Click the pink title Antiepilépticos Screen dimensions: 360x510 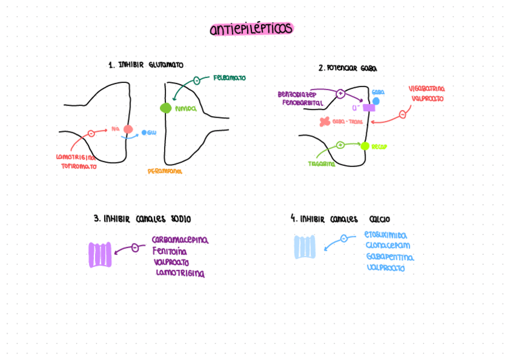251,29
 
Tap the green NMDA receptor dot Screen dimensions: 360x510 166,108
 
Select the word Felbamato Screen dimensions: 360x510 229,78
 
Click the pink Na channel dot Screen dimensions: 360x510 128,129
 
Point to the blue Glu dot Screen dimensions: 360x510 144,132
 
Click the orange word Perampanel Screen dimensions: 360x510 165,171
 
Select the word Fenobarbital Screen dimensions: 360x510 303,103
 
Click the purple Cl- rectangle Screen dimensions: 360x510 369,108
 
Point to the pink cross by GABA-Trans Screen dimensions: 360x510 325,122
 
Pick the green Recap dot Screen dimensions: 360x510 364,145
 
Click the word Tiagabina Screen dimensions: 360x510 322,163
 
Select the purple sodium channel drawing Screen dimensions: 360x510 100,255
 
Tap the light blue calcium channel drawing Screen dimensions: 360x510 305,247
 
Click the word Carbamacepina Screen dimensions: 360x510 180,240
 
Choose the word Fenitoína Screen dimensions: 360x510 170,251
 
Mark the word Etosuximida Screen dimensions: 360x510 386,236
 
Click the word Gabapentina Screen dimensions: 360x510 390,257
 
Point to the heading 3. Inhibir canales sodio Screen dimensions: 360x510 142,219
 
